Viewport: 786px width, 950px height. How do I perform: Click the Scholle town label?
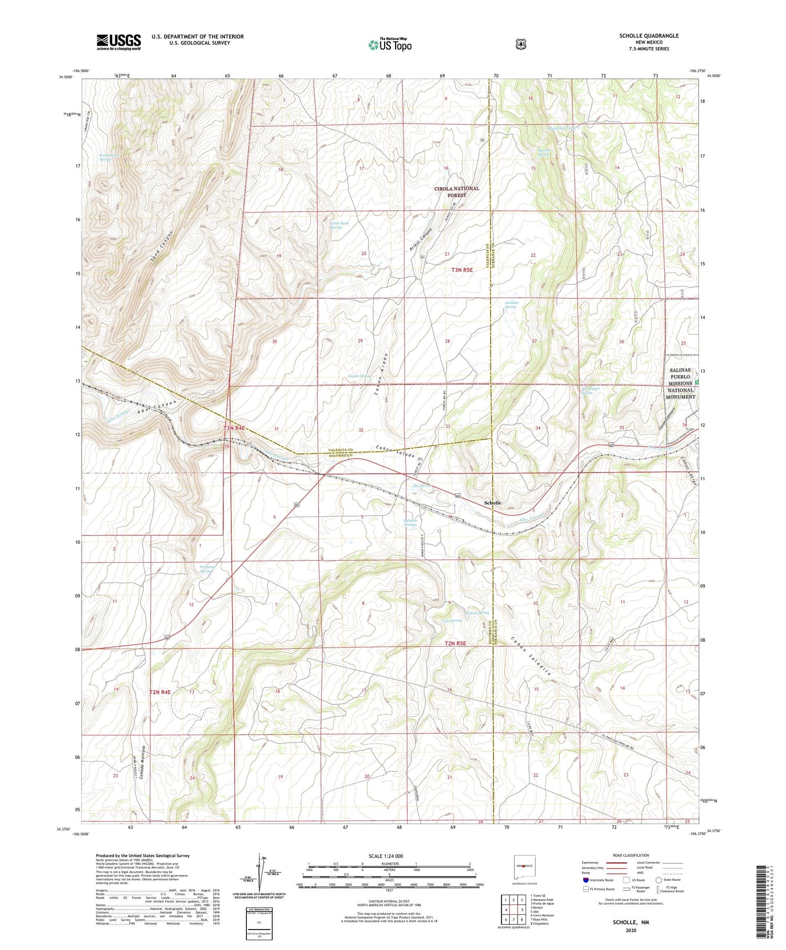492,503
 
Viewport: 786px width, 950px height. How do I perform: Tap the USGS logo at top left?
118,42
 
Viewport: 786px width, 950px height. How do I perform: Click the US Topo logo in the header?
390,45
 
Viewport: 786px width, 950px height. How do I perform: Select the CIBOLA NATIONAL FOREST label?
456,192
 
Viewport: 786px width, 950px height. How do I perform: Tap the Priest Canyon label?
421,240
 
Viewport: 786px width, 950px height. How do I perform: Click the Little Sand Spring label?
339,225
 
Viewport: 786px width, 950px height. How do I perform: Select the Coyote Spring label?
359,376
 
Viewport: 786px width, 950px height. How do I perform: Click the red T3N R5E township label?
462,270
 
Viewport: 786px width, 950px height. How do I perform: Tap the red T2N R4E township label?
160,692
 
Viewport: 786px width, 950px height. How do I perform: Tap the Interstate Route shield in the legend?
585,880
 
